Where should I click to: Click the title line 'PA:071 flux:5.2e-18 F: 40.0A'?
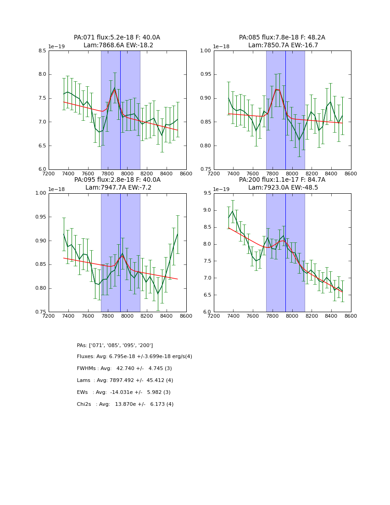(x=117, y=38)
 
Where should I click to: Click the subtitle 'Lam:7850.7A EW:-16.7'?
(x=283, y=45)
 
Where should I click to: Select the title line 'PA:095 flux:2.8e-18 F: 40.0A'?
(x=117, y=180)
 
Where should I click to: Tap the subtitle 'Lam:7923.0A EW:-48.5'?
(x=283, y=188)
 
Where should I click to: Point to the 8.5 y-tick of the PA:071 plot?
(x=42, y=50)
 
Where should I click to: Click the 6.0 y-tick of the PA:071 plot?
(x=42, y=169)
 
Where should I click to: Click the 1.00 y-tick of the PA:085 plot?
(x=206, y=50)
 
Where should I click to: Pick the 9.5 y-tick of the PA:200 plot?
(x=207, y=193)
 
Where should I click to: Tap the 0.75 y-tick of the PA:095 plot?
(x=40, y=312)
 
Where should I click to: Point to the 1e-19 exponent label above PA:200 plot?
(x=222, y=189)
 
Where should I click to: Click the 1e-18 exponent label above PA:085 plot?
(x=222, y=47)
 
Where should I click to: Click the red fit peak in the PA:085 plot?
(x=276, y=89)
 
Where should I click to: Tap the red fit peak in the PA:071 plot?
(x=115, y=90)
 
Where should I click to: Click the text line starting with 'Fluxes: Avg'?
(x=134, y=357)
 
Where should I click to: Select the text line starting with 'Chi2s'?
(x=125, y=404)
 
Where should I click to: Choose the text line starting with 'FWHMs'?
(x=124, y=369)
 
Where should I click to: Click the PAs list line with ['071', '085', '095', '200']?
(x=115, y=345)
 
